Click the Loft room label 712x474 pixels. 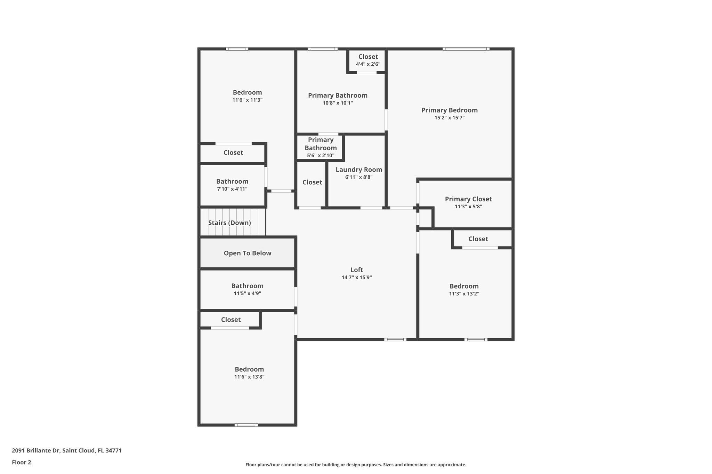click(x=357, y=270)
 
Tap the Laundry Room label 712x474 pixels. click(x=359, y=170)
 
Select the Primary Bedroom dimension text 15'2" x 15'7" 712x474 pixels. click(x=449, y=118)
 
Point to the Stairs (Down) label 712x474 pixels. click(x=229, y=223)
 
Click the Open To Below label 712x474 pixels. click(x=247, y=253)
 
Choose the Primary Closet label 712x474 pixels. click(x=468, y=199)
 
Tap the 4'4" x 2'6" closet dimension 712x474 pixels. click(x=368, y=64)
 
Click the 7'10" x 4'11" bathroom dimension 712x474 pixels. click(x=232, y=189)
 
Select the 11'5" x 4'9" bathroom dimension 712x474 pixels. click(x=247, y=293)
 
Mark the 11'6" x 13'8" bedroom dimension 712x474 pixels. click(x=249, y=377)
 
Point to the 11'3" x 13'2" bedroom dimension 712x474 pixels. click(x=464, y=294)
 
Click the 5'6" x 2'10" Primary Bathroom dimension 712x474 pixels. click(x=321, y=156)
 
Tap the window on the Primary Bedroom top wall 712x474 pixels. click(x=466, y=49)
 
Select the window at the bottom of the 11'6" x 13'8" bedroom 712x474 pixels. click(x=246, y=425)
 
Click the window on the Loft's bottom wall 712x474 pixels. click(x=395, y=339)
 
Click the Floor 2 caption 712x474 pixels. click(x=22, y=462)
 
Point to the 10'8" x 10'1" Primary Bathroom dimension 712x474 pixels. click(x=338, y=103)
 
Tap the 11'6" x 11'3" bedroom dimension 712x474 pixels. click(x=247, y=100)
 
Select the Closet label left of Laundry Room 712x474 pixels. click(x=312, y=182)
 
